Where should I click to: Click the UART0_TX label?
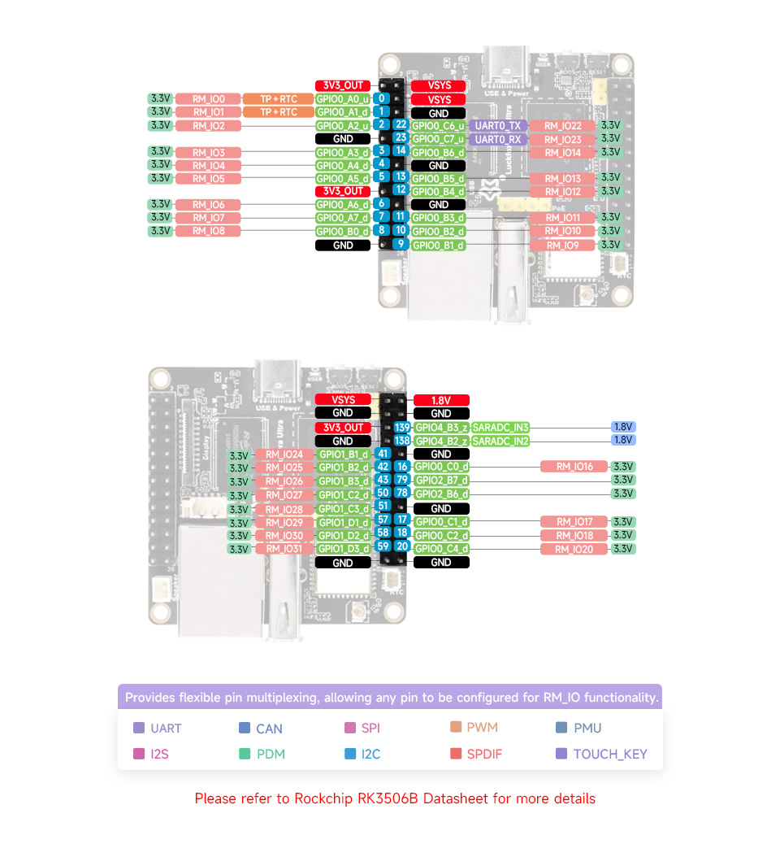(498, 126)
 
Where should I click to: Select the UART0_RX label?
(498, 139)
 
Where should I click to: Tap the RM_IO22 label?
(563, 126)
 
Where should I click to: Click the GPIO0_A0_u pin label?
(342, 99)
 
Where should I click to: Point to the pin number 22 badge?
(401, 125)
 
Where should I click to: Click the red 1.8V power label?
(441, 400)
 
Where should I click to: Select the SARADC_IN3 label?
(500, 428)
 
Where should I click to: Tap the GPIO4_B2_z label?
(441, 441)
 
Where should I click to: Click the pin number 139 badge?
(401, 428)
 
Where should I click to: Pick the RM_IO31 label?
(284, 549)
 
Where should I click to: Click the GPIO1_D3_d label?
(343, 549)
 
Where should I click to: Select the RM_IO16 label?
(574, 467)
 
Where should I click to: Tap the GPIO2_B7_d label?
(441, 480)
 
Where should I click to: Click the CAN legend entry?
(269, 729)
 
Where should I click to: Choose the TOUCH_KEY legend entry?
(609, 754)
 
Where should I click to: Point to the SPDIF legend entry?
(484, 754)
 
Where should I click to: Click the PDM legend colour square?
(245, 754)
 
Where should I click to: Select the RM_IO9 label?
(563, 245)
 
